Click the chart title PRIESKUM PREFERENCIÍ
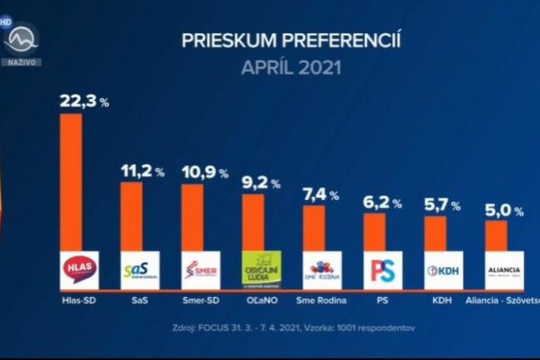tap(291, 40)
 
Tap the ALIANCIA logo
tap(503, 269)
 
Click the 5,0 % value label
tap(504, 211)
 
